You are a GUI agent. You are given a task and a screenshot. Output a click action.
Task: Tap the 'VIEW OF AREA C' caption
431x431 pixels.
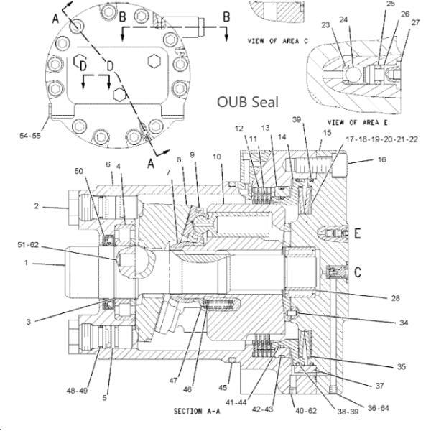[x=277, y=40]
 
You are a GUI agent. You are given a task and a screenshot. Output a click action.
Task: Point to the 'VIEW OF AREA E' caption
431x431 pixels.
[x=352, y=122]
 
